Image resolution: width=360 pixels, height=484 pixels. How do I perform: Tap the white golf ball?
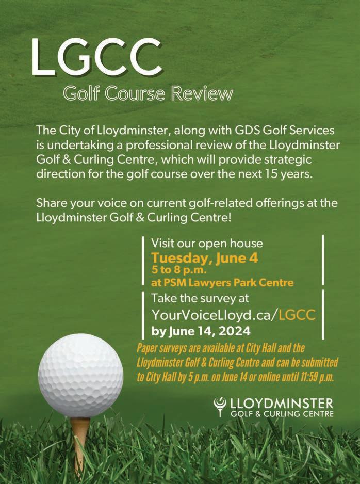pos(81,375)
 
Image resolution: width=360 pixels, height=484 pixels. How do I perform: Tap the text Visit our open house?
pos(207,243)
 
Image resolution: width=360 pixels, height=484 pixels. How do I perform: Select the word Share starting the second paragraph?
pos(52,203)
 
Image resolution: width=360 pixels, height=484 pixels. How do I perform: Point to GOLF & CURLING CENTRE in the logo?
pos(282,413)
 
